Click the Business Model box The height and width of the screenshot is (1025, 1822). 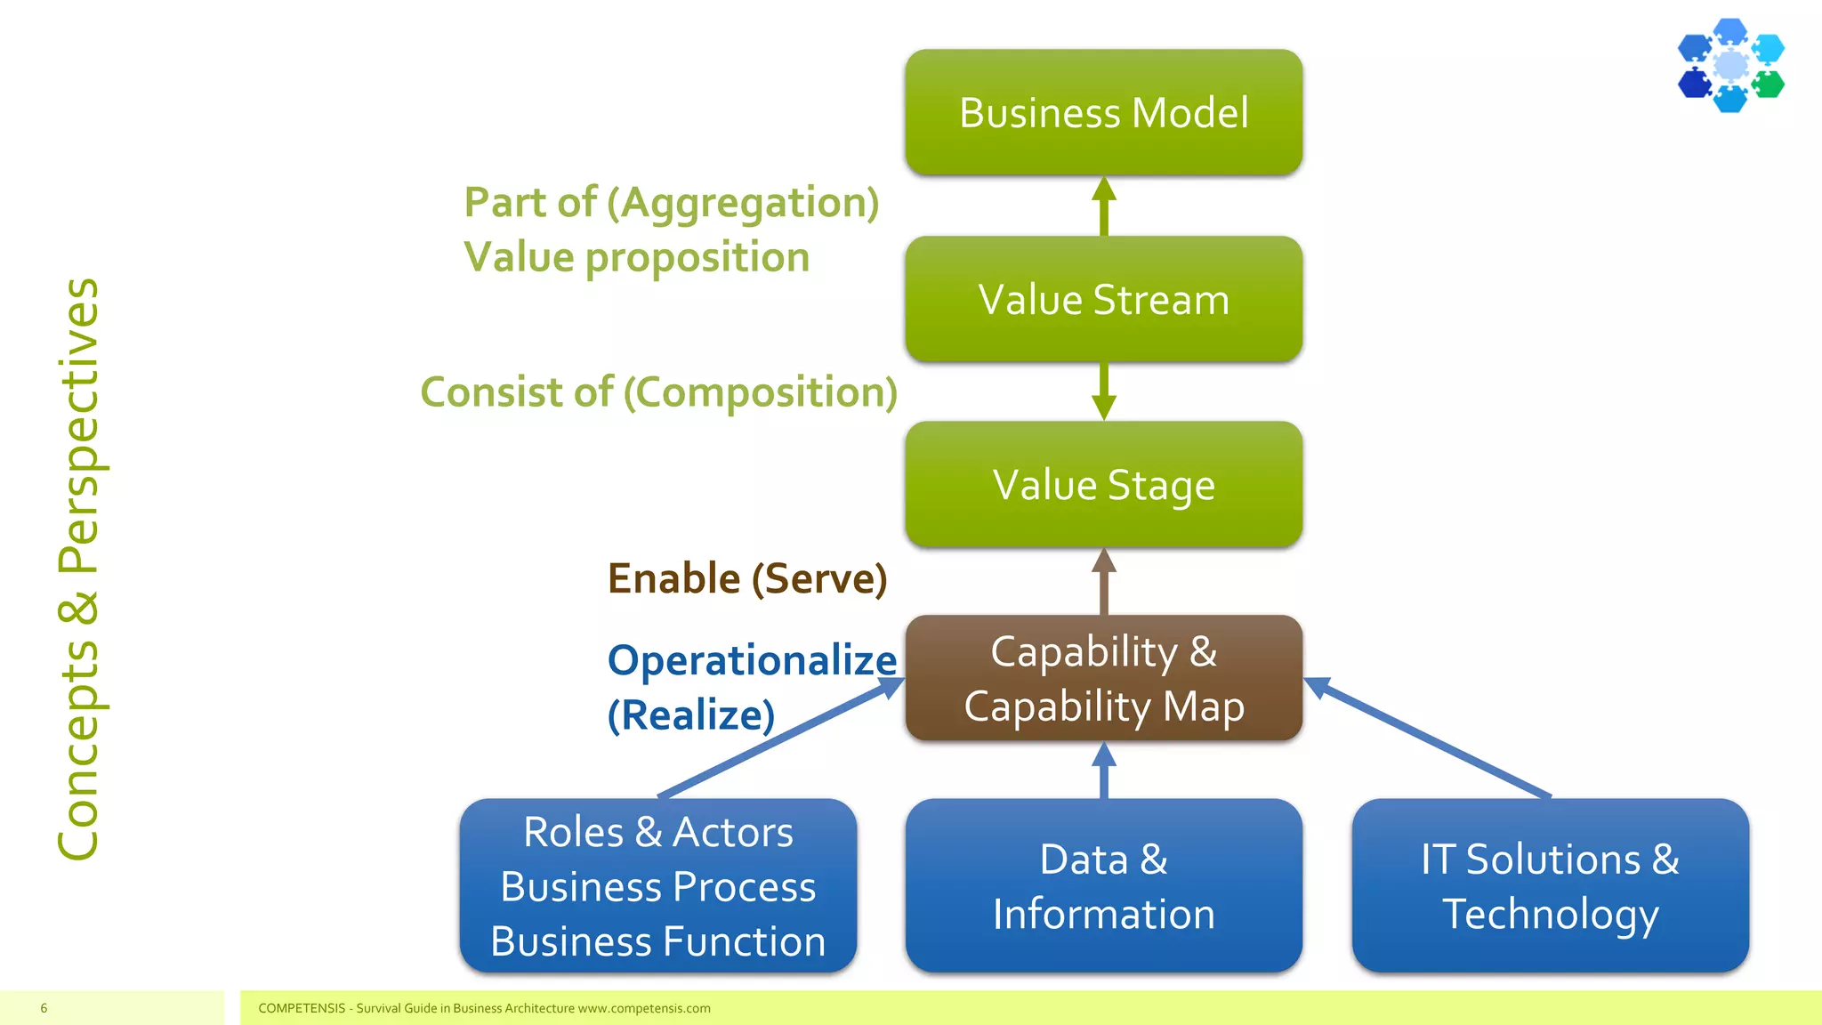(x=1103, y=113)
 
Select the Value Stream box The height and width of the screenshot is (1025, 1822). (x=1103, y=299)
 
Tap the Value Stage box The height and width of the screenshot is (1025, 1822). (x=1103, y=485)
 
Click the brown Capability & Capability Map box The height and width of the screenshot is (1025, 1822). (x=1103, y=678)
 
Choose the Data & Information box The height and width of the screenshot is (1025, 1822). (x=1103, y=886)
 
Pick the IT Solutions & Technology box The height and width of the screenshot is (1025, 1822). (x=1550, y=886)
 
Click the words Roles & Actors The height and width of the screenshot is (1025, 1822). (x=657, y=833)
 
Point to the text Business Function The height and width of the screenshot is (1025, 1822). (x=657, y=941)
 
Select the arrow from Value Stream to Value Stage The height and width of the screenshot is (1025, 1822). (x=1104, y=391)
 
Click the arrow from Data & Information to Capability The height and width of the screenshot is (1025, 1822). (x=1104, y=771)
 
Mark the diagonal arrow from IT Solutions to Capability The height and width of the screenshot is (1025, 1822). (x=1428, y=738)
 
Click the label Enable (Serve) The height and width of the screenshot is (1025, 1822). (x=747, y=578)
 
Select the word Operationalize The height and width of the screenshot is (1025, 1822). (x=752, y=660)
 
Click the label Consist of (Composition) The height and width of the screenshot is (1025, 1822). (x=658, y=392)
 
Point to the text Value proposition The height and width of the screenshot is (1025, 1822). (x=636, y=258)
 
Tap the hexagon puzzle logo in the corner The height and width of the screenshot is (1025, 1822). (x=1730, y=65)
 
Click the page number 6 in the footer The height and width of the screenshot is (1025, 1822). (x=44, y=1008)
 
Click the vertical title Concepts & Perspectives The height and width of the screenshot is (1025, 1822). (x=78, y=569)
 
